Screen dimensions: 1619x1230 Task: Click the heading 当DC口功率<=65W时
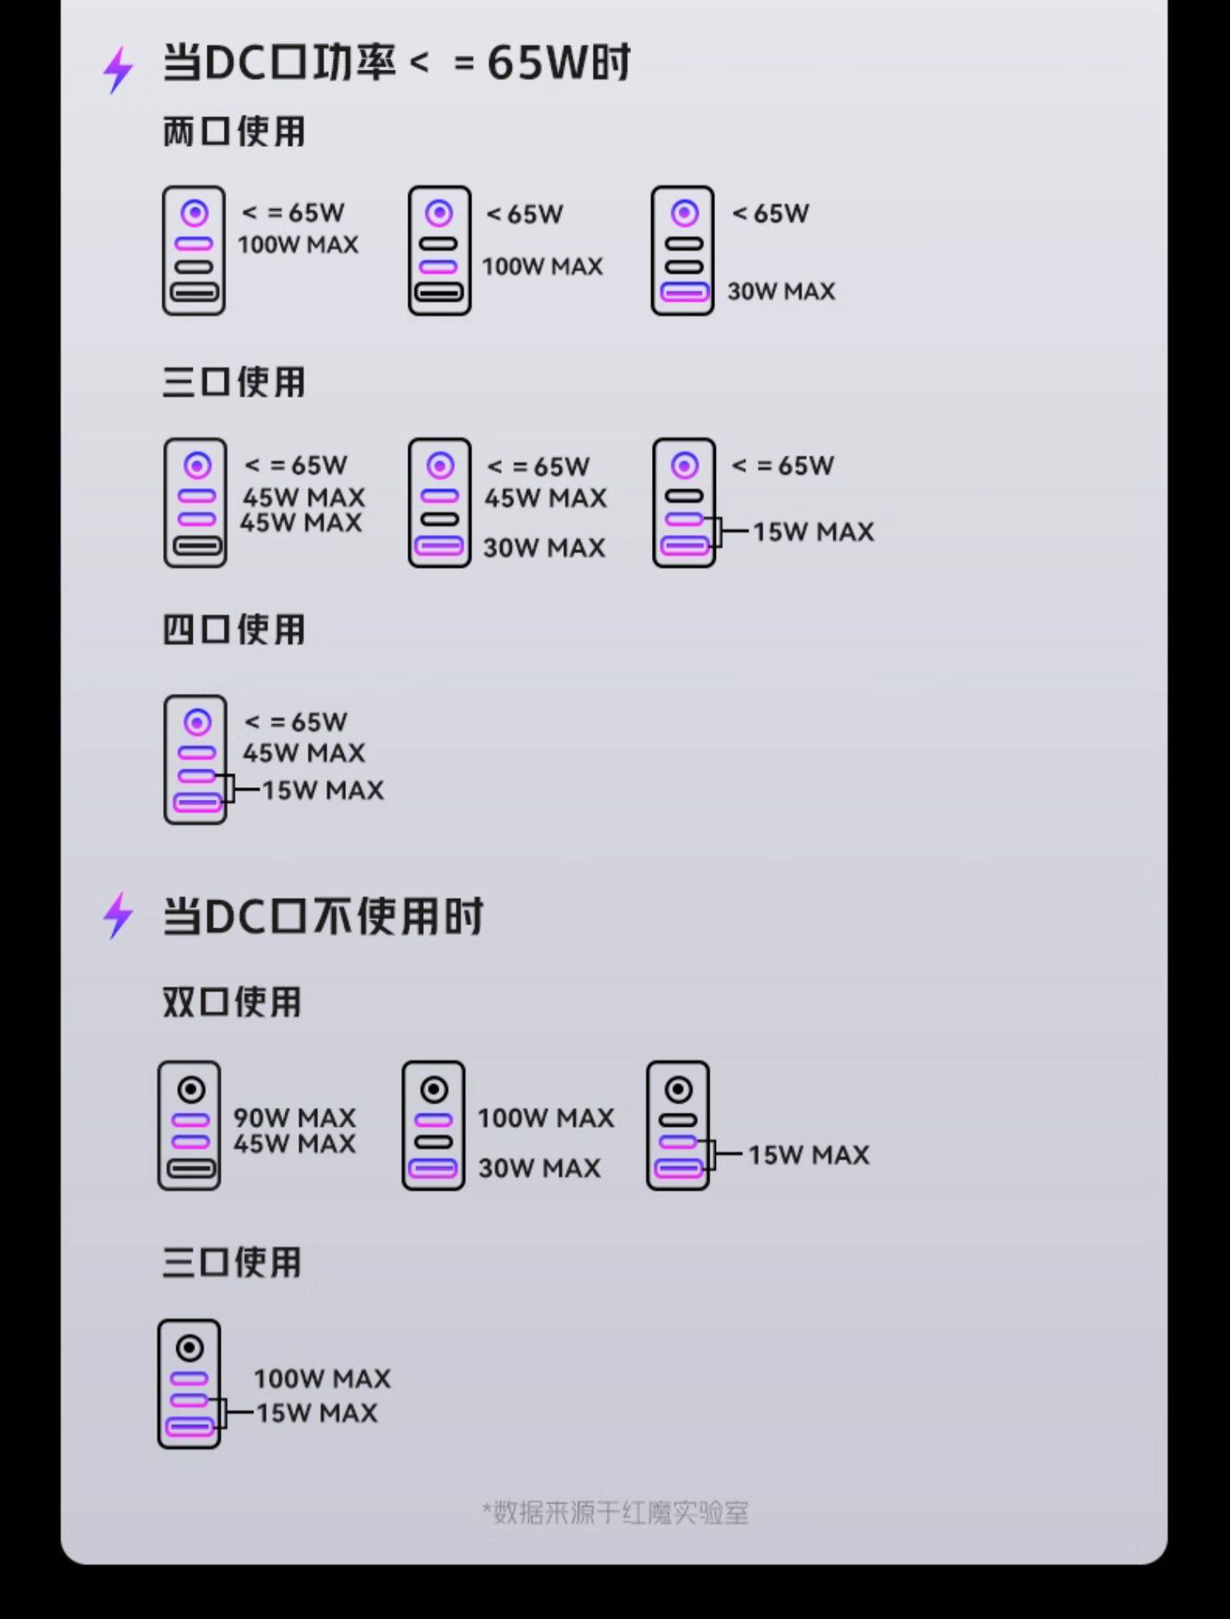click(396, 62)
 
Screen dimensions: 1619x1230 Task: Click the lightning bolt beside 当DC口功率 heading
click(118, 69)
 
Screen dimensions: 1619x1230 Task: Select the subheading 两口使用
click(234, 131)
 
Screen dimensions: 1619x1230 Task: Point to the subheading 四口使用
click(234, 630)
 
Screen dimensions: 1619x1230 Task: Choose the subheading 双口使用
click(232, 1001)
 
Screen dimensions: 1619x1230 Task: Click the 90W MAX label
click(294, 1117)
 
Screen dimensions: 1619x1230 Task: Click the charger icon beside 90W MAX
click(189, 1125)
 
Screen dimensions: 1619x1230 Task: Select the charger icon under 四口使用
click(195, 759)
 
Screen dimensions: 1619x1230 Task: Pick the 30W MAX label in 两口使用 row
click(781, 291)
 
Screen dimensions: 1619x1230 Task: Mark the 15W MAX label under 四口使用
click(322, 790)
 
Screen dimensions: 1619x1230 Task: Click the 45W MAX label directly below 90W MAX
click(294, 1143)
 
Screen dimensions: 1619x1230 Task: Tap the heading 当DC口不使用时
click(322, 916)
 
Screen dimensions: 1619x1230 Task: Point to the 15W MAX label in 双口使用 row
click(809, 1155)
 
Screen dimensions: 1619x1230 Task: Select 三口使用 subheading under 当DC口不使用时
click(232, 1262)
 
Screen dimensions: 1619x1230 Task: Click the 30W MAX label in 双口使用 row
click(540, 1168)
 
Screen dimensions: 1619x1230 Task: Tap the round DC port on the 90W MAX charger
click(191, 1090)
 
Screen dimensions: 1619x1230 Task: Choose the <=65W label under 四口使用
click(296, 722)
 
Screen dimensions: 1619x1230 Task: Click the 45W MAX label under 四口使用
click(303, 752)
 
